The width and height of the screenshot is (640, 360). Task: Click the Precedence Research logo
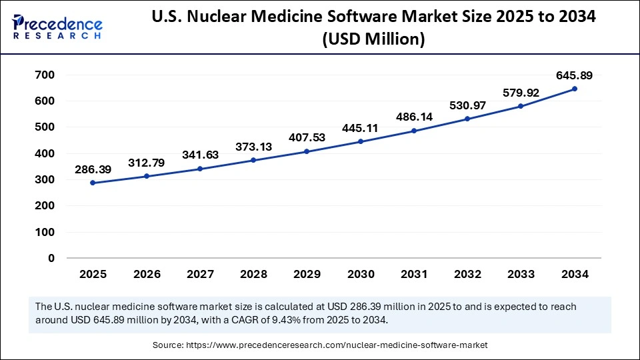point(57,27)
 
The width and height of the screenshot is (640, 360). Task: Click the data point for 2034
point(575,89)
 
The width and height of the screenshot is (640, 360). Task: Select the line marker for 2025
point(93,183)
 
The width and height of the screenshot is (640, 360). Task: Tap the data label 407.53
point(307,138)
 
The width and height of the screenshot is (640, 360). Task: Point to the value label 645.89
point(575,75)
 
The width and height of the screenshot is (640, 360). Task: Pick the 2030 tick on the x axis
point(360,274)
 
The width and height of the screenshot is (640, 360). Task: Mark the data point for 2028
point(253,160)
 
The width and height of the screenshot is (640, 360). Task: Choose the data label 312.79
point(146,163)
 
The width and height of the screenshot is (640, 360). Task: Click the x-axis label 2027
point(199,274)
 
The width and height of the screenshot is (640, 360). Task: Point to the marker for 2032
point(467,119)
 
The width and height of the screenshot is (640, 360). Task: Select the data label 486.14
point(414,117)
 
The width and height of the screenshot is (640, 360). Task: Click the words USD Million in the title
point(373,40)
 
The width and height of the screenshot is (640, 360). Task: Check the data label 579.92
point(521,93)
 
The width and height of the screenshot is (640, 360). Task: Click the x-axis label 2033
point(521,274)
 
